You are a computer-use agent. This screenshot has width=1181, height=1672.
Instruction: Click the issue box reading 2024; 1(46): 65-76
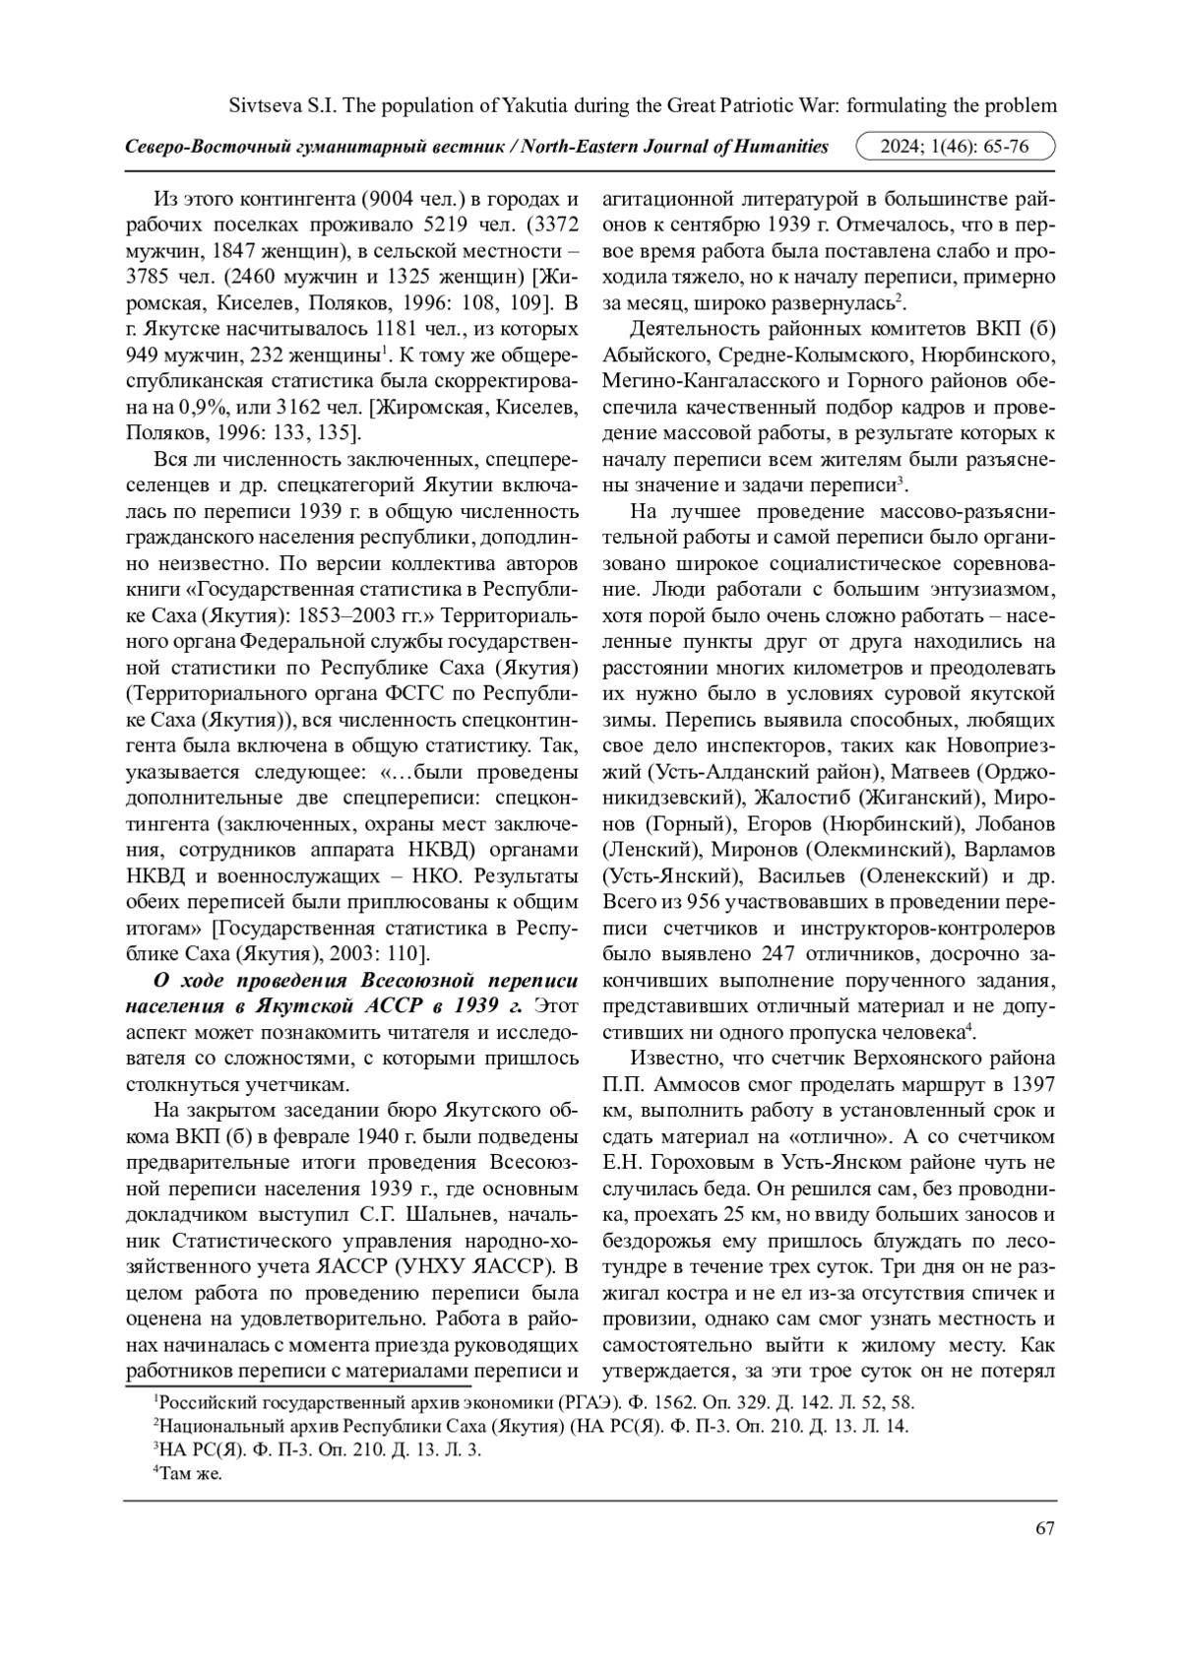click(956, 147)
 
